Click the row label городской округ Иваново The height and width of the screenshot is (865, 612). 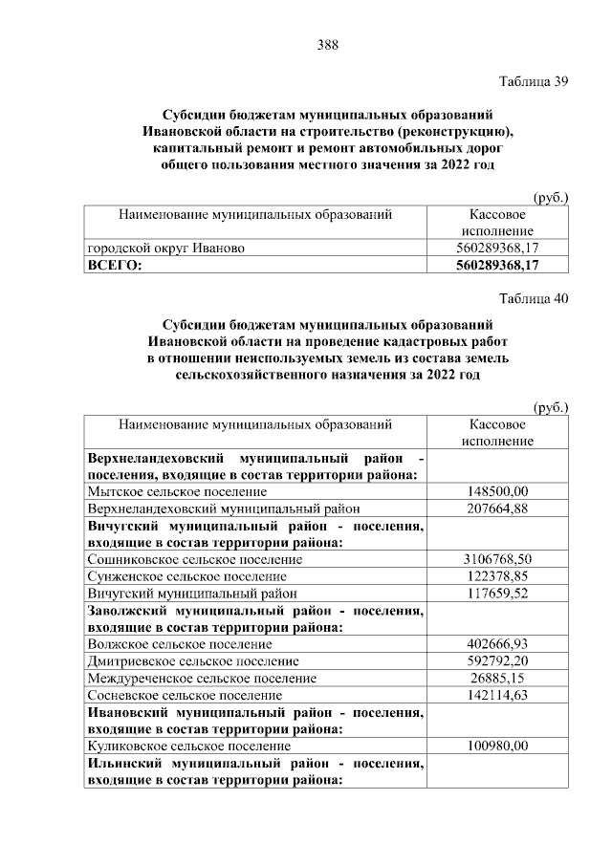coord(165,248)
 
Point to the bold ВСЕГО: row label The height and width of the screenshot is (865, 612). coord(114,265)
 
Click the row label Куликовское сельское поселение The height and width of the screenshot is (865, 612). coord(188,746)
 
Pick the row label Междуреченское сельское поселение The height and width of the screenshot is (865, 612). coord(201,679)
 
